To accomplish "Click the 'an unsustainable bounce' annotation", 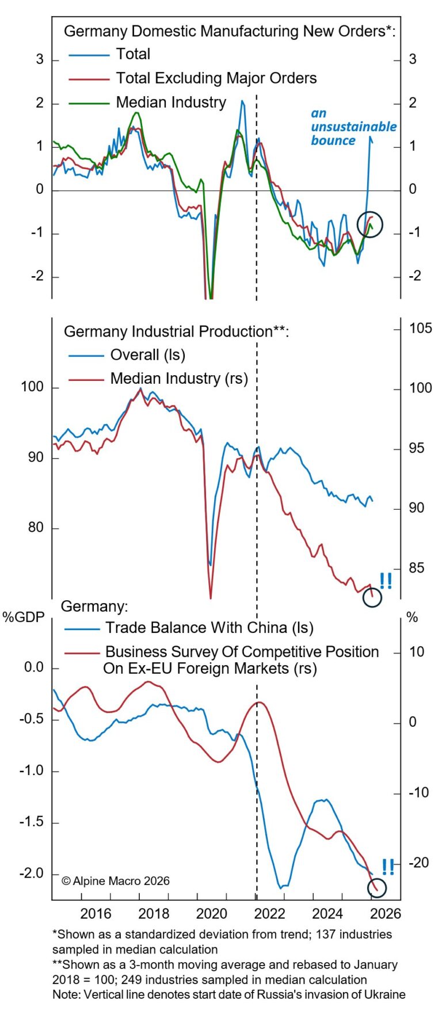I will (353, 127).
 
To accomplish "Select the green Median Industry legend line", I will (89, 103).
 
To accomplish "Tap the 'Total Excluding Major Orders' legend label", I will (216, 78).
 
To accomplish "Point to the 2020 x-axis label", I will (212, 913).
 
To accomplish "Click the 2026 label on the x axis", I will (386, 913).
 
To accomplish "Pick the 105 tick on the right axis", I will (420, 329).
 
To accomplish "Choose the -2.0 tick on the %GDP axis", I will (31, 873).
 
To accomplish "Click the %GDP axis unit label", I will (24, 617).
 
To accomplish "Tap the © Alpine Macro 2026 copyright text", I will (115, 881).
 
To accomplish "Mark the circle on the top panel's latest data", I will (369, 224).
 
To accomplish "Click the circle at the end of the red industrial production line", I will (372, 597).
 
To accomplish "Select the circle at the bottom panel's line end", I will (376, 888).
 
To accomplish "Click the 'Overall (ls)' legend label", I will (148, 355).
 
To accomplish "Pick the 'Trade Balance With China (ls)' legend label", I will (209, 628).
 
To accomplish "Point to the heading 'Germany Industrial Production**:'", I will (176, 332).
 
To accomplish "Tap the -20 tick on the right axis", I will (418, 863).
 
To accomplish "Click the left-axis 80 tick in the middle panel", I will (36, 528).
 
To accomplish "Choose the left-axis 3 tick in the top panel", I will (40, 59).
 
